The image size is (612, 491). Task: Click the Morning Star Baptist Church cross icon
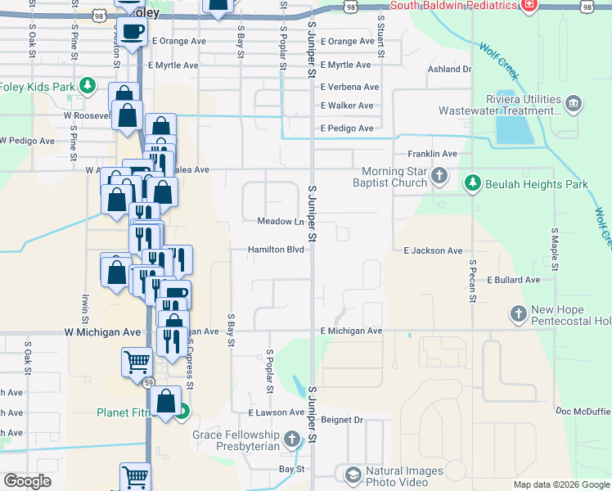click(439, 175)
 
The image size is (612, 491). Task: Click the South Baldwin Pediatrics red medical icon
click(530, 5)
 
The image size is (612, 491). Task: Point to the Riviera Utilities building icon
click(573, 103)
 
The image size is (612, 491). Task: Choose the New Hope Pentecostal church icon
click(518, 313)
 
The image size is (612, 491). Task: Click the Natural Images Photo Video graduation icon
click(352, 475)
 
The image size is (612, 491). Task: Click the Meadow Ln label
click(281, 222)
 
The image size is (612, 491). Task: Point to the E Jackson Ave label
click(433, 251)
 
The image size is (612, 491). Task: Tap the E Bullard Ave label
click(513, 280)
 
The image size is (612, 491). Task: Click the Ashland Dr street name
click(449, 70)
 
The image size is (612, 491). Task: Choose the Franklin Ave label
click(433, 154)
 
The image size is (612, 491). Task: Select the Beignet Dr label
click(341, 420)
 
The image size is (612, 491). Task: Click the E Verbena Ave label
click(349, 87)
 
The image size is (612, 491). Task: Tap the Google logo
click(28, 482)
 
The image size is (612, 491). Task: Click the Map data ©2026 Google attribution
click(560, 484)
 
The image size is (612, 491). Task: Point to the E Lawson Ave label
click(276, 413)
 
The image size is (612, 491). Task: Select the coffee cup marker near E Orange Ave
click(132, 33)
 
